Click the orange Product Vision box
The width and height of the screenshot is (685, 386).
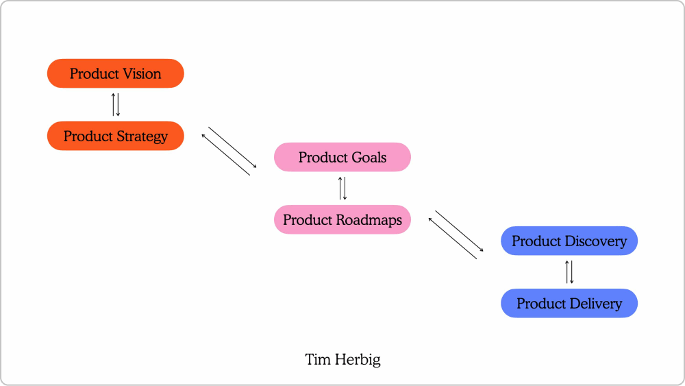(115, 73)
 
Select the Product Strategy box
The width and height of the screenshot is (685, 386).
(115, 136)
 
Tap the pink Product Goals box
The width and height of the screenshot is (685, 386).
(342, 157)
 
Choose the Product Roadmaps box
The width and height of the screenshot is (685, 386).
(342, 220)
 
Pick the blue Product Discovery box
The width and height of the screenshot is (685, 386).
(569, 241)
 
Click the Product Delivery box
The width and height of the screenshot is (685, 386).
(569, 303)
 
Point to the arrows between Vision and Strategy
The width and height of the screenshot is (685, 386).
(116, 104)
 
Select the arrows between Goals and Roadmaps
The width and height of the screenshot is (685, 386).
(342, 189)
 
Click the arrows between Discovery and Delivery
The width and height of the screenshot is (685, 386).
(569, 272)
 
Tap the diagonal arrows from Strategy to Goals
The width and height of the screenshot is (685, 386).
(229, 151)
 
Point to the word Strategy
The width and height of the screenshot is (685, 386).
(142, 136)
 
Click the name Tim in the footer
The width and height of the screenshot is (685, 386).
(317, 359)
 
